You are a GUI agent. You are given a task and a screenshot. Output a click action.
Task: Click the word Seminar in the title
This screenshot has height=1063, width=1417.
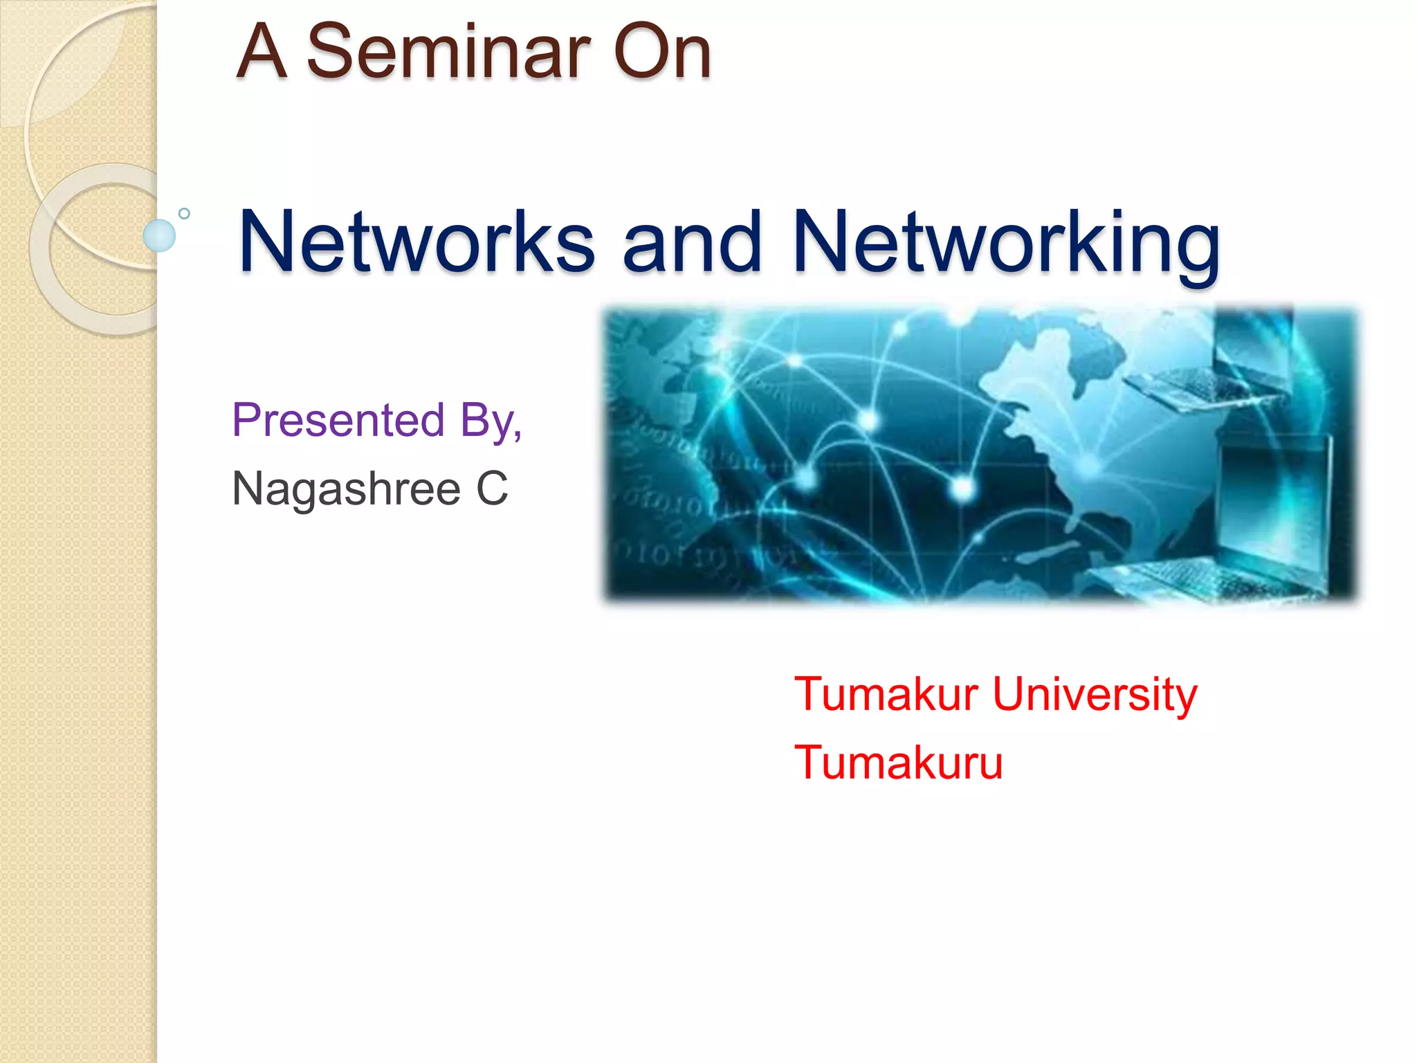(448, 52)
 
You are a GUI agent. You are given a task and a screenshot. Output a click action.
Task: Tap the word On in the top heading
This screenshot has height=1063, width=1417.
(662, 52)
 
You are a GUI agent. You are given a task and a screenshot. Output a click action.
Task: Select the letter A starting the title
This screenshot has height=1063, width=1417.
(262, 52)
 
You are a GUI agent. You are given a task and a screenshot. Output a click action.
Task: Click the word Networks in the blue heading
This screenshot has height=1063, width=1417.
(416, 242)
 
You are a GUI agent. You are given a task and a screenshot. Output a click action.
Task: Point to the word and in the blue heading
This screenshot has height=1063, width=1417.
(692, 242)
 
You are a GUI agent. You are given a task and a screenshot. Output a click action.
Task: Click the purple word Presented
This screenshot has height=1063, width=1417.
(338, 420)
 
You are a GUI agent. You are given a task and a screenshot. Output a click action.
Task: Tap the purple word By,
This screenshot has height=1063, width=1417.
(491, 420)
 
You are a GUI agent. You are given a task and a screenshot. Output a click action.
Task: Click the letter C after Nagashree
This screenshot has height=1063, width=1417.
(492, 488)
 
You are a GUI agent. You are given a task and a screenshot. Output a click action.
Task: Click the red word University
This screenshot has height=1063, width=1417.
(1095, 694)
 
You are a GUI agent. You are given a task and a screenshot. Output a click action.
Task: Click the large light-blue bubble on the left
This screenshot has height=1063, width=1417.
(159, 235)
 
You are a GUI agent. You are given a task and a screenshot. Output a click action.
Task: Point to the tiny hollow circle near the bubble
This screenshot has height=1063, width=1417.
(184, 214)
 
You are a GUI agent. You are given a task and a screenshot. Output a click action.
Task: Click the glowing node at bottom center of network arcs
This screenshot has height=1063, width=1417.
(962, 489)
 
